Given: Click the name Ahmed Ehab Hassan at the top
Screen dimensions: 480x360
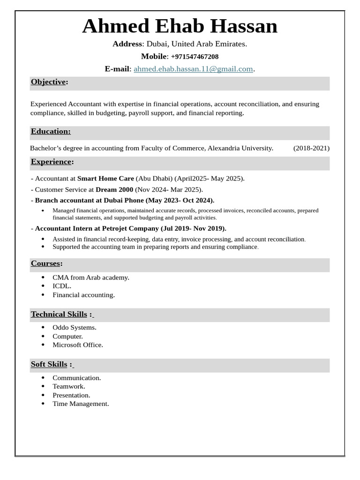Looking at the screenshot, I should point(180,26).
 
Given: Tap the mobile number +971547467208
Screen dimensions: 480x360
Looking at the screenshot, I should point(195,57).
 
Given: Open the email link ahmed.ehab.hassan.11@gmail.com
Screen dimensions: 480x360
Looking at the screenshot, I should point(193,69).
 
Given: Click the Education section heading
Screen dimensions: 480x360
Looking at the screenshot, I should point(51,132).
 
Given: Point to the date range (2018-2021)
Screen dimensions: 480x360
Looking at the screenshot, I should point(311,148).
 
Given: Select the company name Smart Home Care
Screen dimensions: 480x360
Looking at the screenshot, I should point(105,179).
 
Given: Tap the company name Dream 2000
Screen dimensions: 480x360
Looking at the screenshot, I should point(114,190).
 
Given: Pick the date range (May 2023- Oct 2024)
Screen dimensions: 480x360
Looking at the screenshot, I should point(180,201).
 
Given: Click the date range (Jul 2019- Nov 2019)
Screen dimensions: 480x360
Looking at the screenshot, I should point(193,229).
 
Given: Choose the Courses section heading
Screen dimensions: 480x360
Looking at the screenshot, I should point(46,263).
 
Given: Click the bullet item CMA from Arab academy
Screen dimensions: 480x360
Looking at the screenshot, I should point(90,277).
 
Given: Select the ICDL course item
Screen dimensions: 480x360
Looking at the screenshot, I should point(62,286).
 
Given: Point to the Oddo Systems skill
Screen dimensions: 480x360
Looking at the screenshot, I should point(74,328).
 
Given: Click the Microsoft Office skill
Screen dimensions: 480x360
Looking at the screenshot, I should point(77,345).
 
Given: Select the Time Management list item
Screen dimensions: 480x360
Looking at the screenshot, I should point(80,404).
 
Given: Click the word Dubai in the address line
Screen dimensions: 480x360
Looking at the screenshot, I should point(157,44).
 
